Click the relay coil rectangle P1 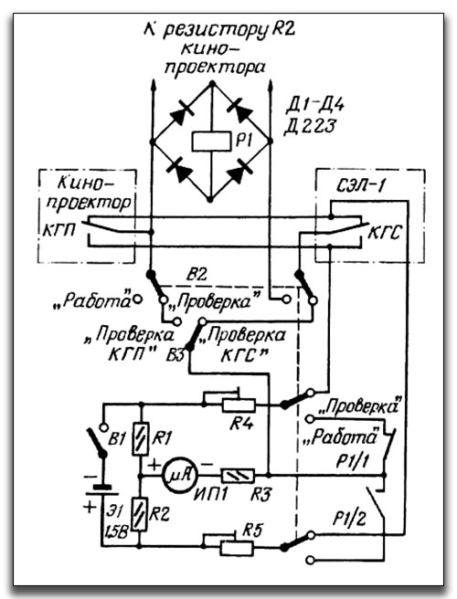pyautogui.click(x=211, y=142)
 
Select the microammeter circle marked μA pyautogui.click(x=180, y=475)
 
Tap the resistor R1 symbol pyautogui.click(x=141, y=439)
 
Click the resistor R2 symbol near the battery pyautogui.click(x=140, y=514)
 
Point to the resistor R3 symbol pyautogui.click(x=238, y=475)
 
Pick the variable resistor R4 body pyautogui.click(x=239, y=405)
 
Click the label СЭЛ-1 pyautogui.click(x=361, y=186)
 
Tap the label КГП pyautogui.click(x=58, y=231)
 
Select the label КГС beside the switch pyautogui.click(x=384, y=232)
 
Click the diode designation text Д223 pyautogui.click(x=310, y=126)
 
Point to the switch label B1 pyautogui.click(x=117, y=439)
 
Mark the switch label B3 pyautogui.click(x=175, y=356)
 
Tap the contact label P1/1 pyautogui.click(x=352, y=462)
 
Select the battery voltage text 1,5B pyautogui.click(x=116, y=532)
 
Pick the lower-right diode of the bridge pyautogui.click(x=239, y=171)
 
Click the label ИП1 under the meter pyautogui.click(x=211, y=494)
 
